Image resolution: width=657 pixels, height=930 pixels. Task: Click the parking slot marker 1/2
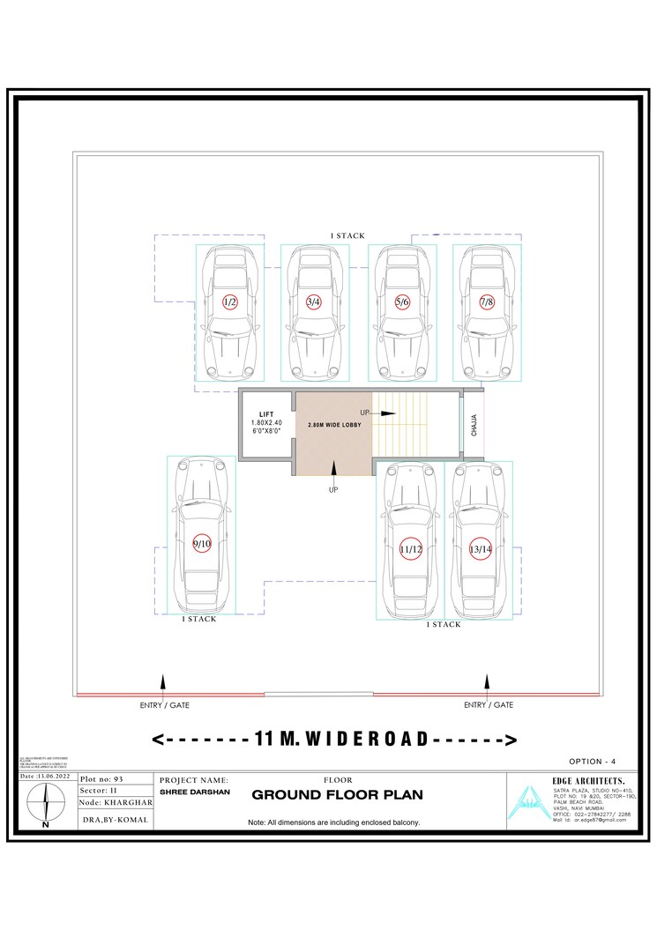click(x=229, y=301)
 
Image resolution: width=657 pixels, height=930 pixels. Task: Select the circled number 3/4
click(x=313, y=301)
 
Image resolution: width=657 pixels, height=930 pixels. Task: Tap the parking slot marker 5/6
click(x=402, y=301)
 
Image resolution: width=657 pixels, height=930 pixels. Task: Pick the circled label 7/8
click(x=486, y=301)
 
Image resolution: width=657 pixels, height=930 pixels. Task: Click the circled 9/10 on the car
click(x=202, y=544)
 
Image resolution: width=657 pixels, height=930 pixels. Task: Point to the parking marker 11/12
click(x=411, y=549)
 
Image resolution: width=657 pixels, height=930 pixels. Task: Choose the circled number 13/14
click(x=480, y=549)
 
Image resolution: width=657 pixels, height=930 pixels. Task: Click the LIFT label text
click(x=266, y=413)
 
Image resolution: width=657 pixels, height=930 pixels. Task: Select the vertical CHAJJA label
click(x=474, y=427)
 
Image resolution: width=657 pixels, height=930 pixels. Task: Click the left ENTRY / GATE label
click(x=165, y=705)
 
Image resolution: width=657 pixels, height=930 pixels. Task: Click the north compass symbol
click(x=46, y=804)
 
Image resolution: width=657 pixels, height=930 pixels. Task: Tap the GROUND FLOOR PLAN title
click(x=337, y=795)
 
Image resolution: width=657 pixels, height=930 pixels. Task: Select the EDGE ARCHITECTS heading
click(x=590, y=780)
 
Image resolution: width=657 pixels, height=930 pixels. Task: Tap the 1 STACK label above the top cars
click(x=347, y=236)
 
